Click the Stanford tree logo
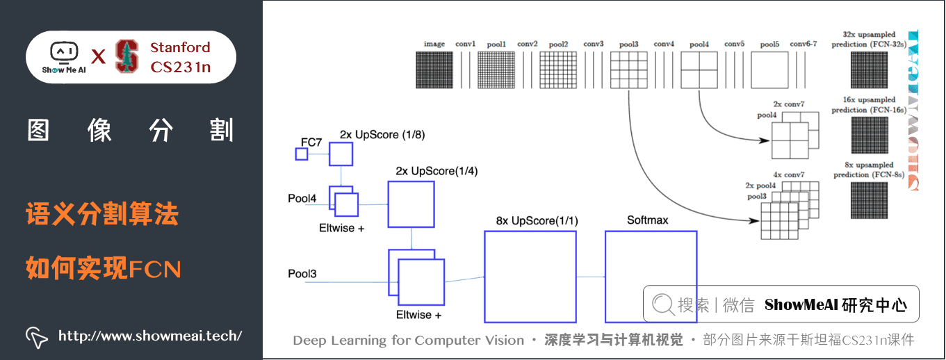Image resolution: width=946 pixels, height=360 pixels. point(127,56)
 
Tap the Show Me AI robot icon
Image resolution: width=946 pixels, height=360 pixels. point(64,53)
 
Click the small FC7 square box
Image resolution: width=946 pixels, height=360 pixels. point(301,154)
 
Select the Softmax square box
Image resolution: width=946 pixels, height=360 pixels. point(651,277)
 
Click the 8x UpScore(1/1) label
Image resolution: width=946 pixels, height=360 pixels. point(537,220)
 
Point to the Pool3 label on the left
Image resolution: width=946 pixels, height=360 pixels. point(302,274)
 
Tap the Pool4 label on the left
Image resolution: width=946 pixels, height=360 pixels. point(302,199)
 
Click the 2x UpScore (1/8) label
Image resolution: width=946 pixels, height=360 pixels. point(379,134)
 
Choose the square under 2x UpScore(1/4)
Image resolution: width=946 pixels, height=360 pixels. point(411,204)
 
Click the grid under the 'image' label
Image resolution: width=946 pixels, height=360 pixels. point(434,70)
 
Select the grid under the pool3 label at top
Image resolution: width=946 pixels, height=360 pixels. point(628,70)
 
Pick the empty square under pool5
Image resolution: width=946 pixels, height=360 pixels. point(769,70)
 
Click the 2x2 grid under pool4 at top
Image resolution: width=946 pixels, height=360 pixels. point(699,70)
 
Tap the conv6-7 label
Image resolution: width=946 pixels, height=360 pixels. point(804,44)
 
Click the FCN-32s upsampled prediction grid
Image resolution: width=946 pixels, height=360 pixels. point(869,70)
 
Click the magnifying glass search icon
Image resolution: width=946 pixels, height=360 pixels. point(663,304)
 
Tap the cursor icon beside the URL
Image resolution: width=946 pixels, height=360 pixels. point(36,337)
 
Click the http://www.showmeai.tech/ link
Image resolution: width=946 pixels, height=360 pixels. point(149,336)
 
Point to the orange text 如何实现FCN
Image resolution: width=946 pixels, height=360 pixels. point(103,268)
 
